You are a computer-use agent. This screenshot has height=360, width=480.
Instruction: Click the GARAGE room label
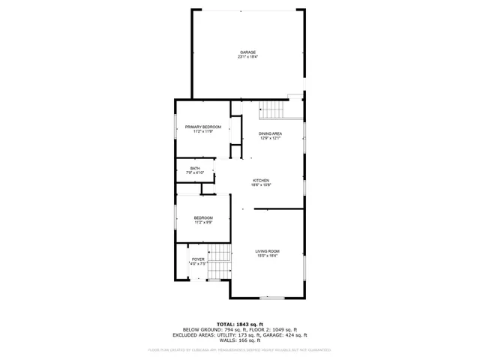247,52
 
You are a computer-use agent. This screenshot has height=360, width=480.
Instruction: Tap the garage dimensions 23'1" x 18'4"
247,57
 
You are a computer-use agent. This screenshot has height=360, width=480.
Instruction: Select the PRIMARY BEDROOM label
203,127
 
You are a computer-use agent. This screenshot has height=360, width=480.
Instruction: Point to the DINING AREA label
270,133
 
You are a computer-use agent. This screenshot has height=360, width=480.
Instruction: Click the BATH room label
195,168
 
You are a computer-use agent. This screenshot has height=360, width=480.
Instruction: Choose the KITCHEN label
260,180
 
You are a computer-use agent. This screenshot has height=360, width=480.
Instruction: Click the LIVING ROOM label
267,251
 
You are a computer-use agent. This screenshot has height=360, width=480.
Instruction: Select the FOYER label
198,259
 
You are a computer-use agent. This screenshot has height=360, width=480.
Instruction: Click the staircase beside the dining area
272,110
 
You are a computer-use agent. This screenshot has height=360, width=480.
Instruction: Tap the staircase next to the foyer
219,261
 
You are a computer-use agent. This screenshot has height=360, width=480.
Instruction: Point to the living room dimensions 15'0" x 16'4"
267,256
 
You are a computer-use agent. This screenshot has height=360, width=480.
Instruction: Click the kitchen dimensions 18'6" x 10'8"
260,184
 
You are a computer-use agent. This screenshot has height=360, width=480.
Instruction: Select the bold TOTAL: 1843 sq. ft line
239,323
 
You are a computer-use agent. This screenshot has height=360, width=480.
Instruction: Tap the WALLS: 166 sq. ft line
239,340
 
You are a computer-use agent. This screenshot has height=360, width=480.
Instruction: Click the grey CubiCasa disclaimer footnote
239,349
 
